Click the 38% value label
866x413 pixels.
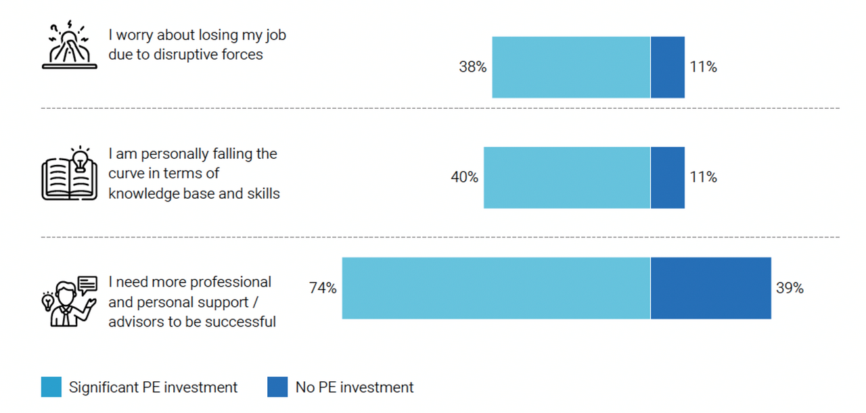472,67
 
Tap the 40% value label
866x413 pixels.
464,177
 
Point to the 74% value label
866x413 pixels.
323,288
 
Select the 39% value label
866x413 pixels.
790,288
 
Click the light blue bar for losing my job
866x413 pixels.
571,67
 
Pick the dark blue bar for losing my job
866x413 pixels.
668,67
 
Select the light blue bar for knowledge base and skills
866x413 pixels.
567,178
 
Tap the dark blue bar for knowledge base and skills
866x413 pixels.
668,178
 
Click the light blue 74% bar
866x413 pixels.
496,288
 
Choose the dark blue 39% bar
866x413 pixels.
711,288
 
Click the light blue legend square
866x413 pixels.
51,387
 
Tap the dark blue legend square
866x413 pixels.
277,387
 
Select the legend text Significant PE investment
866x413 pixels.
153,387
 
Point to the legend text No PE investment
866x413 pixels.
355,387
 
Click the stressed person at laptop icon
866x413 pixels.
70,45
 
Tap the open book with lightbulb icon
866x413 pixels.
70,173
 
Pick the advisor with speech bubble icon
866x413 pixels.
70,301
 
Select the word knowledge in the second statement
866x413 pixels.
143,193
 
